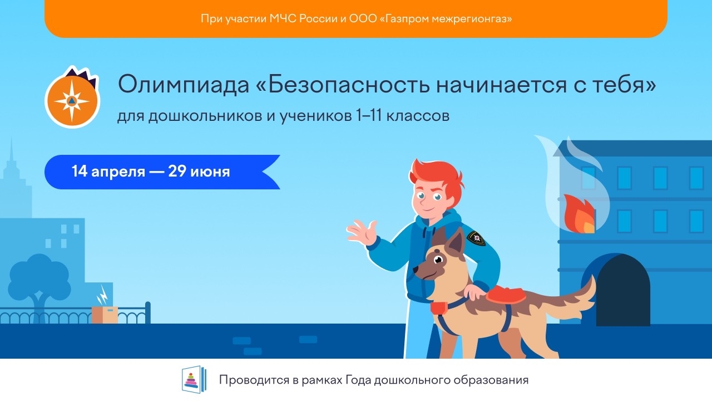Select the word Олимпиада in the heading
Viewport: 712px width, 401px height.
click(x=184, y=85)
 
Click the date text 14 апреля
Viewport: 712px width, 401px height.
click(x=108, y=172)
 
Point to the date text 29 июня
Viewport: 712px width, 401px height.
click(x=199, y=172)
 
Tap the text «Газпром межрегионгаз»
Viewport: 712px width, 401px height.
click(x=446, y=19)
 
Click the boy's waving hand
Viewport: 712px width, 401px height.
click(x=362, y=232)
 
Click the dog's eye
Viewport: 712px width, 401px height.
click(x=439, y=260)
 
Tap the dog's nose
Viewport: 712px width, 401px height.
click(x=416, y=270)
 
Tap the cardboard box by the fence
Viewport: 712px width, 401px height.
click(x=105, y=315)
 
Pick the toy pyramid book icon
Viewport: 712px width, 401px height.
click(x=194, y=379)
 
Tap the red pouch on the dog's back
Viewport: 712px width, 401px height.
click(x=505, y=295)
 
